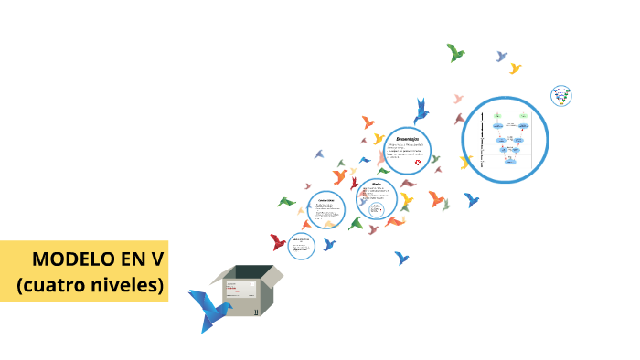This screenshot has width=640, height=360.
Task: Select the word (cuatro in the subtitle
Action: pos(50,284)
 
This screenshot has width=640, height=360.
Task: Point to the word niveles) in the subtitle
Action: pos(128,284)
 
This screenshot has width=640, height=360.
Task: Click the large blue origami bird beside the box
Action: pos(208,309)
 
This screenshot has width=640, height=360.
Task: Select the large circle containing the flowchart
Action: pos(505,140)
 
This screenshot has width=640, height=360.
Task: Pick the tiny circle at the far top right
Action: pos(561,96)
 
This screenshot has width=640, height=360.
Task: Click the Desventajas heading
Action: pos(408,137)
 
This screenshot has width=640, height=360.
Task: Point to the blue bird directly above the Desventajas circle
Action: pos(421,111)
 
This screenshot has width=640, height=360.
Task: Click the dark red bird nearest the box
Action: pos(278,242)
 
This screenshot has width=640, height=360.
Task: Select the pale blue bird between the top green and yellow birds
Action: pos(501,57)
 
